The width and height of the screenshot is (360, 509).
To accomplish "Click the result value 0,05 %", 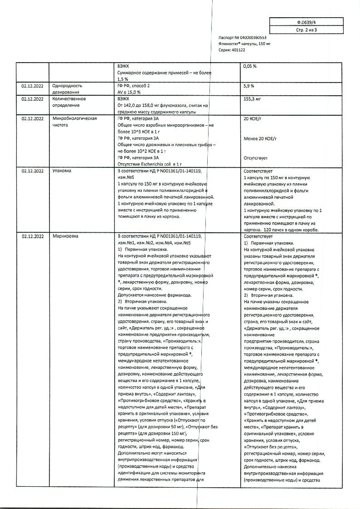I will coord(250,66).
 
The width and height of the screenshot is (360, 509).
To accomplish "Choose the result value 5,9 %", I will coord(249,86).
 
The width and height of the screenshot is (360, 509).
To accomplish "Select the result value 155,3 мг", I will coord(252,98).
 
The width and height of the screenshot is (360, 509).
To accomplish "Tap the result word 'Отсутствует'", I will coord(256,158).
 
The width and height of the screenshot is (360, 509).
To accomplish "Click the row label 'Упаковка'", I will coord(63,171).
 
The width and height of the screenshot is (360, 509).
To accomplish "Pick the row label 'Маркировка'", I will coord(65,236).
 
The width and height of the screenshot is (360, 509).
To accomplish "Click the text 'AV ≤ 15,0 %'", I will coord(129,92).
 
